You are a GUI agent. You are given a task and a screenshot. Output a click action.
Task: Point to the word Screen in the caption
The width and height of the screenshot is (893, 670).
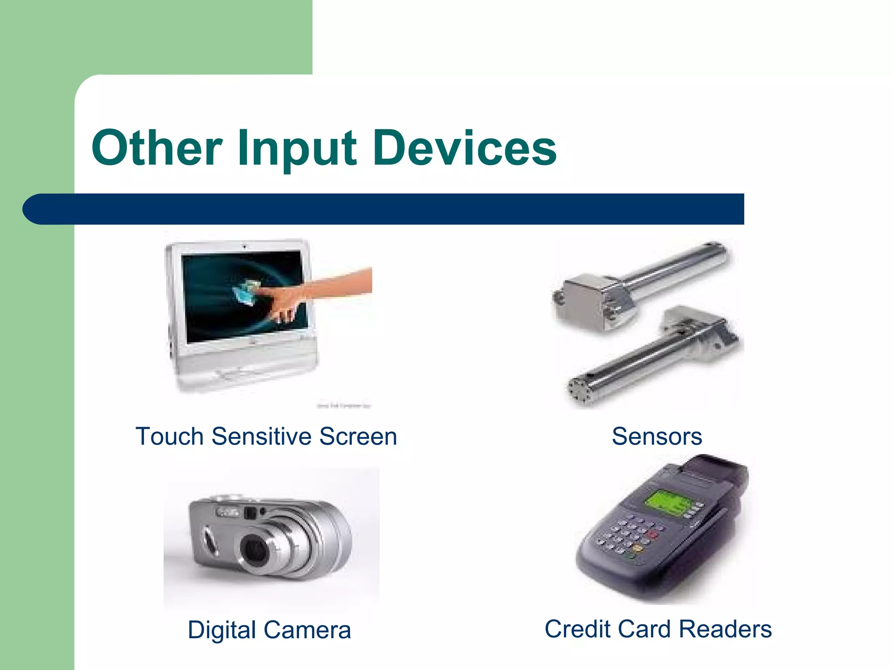coord(358,436)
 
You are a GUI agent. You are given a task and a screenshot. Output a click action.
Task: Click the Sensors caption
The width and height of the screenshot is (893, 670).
coord(657,436)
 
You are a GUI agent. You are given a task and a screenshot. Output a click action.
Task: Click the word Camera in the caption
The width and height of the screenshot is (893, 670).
coord(307,630)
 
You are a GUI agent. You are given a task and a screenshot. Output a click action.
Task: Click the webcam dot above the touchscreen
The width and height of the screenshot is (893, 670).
coord(244,247)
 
